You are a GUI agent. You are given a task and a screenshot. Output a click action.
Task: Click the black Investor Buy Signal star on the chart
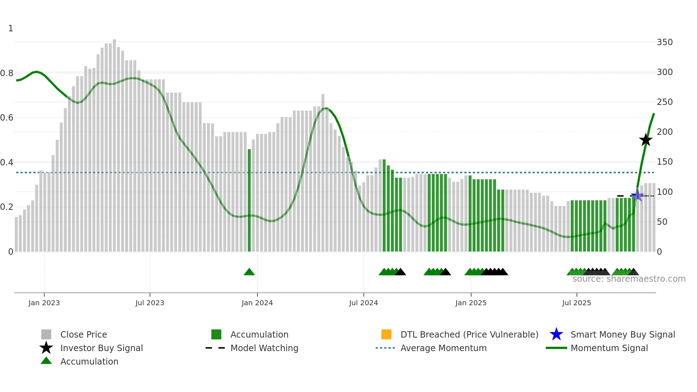click(x=645, y=140)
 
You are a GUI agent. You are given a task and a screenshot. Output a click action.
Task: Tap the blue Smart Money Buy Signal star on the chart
click(x=637, y=195)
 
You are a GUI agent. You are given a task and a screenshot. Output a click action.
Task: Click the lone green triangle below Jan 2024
click(x=249, y=272)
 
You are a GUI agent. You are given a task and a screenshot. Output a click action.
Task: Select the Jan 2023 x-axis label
click(x=44, y=303)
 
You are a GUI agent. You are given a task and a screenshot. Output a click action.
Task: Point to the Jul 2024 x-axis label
click(x=363, y=303)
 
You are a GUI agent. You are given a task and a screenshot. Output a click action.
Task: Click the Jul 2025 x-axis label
click(x=576, y=303)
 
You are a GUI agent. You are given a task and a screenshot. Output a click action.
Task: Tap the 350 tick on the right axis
click(x=664, y=42)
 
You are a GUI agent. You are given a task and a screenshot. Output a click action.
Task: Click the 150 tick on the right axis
click(x=664, y=162)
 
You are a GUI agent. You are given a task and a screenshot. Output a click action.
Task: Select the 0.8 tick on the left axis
click(x=7, y=73)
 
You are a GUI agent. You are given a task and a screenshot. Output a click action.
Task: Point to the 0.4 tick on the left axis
click(x=7, y=163)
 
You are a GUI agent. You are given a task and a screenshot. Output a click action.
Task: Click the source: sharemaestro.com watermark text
click(x=629, y=279)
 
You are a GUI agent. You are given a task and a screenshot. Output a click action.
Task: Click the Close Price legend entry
click(x=84, y=334)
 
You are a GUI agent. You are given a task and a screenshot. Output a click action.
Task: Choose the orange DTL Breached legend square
click(x=386, y=334)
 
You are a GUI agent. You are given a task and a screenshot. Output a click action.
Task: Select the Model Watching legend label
click(x=264, y=348)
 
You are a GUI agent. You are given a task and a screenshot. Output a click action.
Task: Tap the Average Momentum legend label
click(x=443, y=348)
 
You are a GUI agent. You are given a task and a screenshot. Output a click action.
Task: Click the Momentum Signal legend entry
click(x=609, y=348)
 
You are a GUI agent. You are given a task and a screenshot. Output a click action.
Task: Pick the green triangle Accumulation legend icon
click(x=46, y=361)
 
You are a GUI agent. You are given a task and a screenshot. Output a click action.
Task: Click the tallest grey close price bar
click(x=114, y=142)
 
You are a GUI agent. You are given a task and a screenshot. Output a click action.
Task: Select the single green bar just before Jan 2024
click(x=249, y=199)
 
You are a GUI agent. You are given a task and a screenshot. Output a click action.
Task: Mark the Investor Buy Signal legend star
click(x=46, y=348)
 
